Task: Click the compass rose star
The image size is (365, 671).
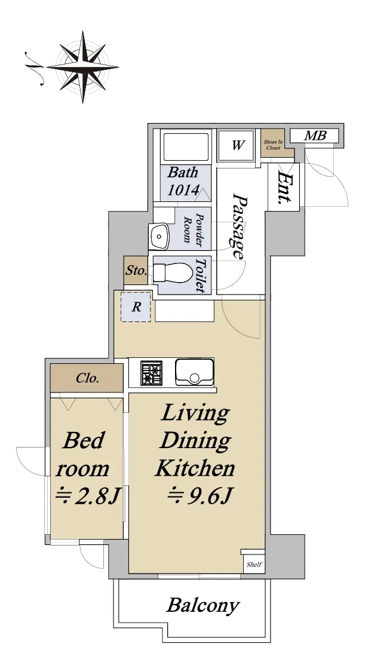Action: click(x=82, y=67)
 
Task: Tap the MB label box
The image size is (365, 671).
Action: click(x=314, y=136)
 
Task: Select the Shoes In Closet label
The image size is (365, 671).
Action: click(x=273, y=145)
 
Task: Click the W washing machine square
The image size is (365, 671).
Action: click(x=237, y=146)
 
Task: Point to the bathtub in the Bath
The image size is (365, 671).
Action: click(x=186, y=147)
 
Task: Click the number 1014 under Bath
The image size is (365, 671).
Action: click(x=183, y=189)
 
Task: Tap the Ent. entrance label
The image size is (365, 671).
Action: click(x=284, y=188)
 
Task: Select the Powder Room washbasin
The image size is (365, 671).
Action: click(x=160, y=236)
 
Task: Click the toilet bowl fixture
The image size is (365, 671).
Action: click(x=173, y=272)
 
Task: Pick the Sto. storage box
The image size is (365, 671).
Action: click(x=136, y=271)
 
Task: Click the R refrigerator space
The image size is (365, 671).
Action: click(x=136, y=307)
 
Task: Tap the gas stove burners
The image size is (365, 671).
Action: click(x=152, y=373)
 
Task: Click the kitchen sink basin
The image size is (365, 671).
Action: click(x=194, y=372)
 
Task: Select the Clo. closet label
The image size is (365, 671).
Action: click(x=88, y=378)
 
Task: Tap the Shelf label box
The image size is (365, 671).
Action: click(x=254, y=564)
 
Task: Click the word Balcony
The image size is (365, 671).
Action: click(x=203, y=605)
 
